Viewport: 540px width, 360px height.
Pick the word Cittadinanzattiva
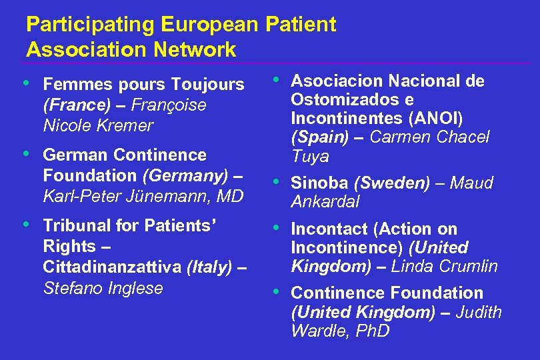coord(112,267)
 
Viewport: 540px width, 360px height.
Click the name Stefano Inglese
coord(103,288)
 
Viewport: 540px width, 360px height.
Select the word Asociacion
coord(337,81)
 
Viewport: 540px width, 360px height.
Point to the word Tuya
coord(310,157)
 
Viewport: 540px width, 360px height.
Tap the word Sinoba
coord(320,183)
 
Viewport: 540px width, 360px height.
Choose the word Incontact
coord(329,229)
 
